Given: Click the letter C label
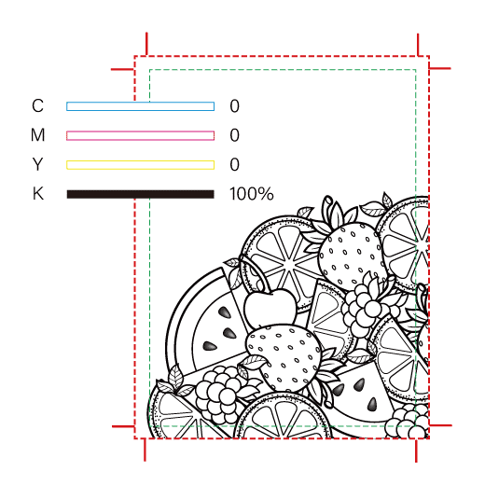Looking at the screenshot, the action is (x=37, y=105).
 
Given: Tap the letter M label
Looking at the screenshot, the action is (x=38, y=135).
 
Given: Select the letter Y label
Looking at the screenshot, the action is (x=37, y=164).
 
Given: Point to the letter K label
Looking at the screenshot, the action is (x=38, y=193).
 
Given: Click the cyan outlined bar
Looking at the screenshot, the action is (x=140, y=106).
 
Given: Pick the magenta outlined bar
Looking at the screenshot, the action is (x=140, y=135).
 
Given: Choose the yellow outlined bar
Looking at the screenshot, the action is (x=140, y=165).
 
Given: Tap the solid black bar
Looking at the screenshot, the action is (x=140, y=194).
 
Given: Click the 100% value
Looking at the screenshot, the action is (x=252, y=194).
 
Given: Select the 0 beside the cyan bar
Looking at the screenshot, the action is (x=235, y=106).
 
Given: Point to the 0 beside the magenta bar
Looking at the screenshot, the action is (x=235, y=135).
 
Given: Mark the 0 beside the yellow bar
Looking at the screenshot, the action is (x=235, y=164).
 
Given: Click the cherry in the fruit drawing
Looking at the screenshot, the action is (x=270, y=307).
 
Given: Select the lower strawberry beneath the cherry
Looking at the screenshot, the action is (x=283, y=357).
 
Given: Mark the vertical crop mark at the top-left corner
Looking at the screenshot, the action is (x=146, y=44).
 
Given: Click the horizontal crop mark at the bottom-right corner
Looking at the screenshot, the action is (x=440, y=425).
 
